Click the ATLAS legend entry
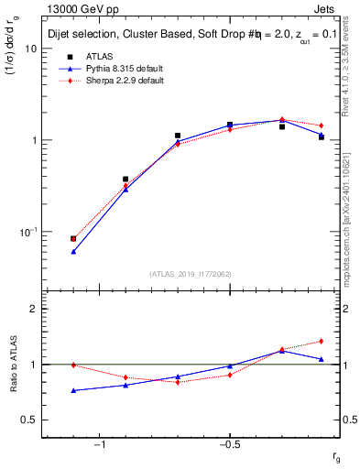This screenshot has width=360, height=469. (98, 57)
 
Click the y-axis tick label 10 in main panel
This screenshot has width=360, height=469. (30, 49)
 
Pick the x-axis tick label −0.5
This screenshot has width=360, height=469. (229, 445)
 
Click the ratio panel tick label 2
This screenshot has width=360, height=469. (33, 309)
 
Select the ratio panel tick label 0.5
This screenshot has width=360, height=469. (29, 420)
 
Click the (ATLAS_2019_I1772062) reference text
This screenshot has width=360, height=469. (191, 274)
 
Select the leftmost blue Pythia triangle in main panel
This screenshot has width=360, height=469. (73, 251)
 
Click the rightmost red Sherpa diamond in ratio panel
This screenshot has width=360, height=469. (321, 342)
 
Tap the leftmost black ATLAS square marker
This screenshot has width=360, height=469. (73, 238)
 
